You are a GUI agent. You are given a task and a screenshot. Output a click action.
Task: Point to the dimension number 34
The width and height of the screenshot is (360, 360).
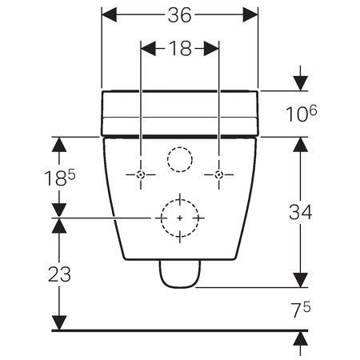point(300,212)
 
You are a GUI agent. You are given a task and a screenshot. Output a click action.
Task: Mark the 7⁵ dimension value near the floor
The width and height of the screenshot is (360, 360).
point(300,310)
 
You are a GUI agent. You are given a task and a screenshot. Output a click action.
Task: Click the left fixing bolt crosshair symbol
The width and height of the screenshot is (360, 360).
point(141,174)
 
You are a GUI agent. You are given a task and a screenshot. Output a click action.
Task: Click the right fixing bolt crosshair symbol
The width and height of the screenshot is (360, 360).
point(218,174)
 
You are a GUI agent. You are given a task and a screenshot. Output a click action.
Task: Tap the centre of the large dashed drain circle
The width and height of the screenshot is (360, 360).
point(180,218)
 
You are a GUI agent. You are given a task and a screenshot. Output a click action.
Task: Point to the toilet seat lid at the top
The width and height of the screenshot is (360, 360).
point(180,112)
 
